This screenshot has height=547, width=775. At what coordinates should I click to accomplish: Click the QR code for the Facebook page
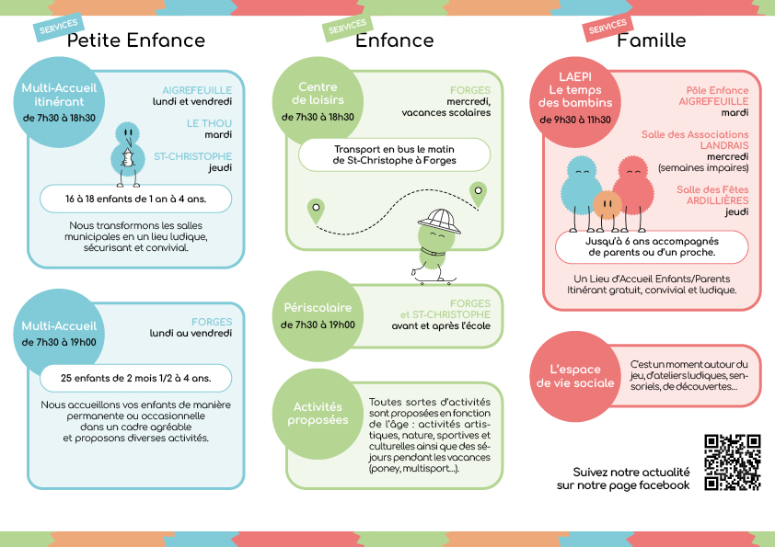[x=732, y=462]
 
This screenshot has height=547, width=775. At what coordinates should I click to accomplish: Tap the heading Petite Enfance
[x=136, y=40]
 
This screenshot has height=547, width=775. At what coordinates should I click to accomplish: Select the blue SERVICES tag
[x=59, y=27]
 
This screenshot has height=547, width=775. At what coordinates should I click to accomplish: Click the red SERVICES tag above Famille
[x=607, y=27]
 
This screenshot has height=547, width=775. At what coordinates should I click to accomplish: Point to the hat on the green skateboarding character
[x=439, y=221]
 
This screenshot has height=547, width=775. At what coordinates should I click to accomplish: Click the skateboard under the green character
[x=435, y=281]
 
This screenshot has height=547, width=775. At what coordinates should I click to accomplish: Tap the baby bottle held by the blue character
[x=128, y=157]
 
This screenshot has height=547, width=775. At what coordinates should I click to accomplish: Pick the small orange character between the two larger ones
[x=607, y=204]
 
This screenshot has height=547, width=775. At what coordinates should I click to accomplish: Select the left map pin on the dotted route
[x=316, y=211]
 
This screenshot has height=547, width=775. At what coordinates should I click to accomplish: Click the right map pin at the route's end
[x=478, y=194]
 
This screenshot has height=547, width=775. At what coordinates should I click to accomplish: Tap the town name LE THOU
[x=209, y=123]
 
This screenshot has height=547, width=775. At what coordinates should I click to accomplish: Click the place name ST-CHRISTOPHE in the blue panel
[x=192, y=156]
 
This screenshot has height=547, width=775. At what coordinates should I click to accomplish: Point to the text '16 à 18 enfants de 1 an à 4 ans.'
[x=136, y=199]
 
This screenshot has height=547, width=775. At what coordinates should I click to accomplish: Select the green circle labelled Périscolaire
[x=318, y=316]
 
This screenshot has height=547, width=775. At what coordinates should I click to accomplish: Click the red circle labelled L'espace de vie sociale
[x=575, y=376]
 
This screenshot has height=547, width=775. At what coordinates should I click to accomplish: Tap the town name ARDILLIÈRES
[x=717, y=200]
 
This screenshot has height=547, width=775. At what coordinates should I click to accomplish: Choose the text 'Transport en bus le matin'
[x=394, y=149]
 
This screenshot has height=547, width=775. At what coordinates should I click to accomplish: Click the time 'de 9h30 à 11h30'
[x=575, y=120]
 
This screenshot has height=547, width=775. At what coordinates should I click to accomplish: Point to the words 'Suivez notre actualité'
[x=631, y=472]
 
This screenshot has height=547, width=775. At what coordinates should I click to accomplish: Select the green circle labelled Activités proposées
[x=318, y=414]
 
